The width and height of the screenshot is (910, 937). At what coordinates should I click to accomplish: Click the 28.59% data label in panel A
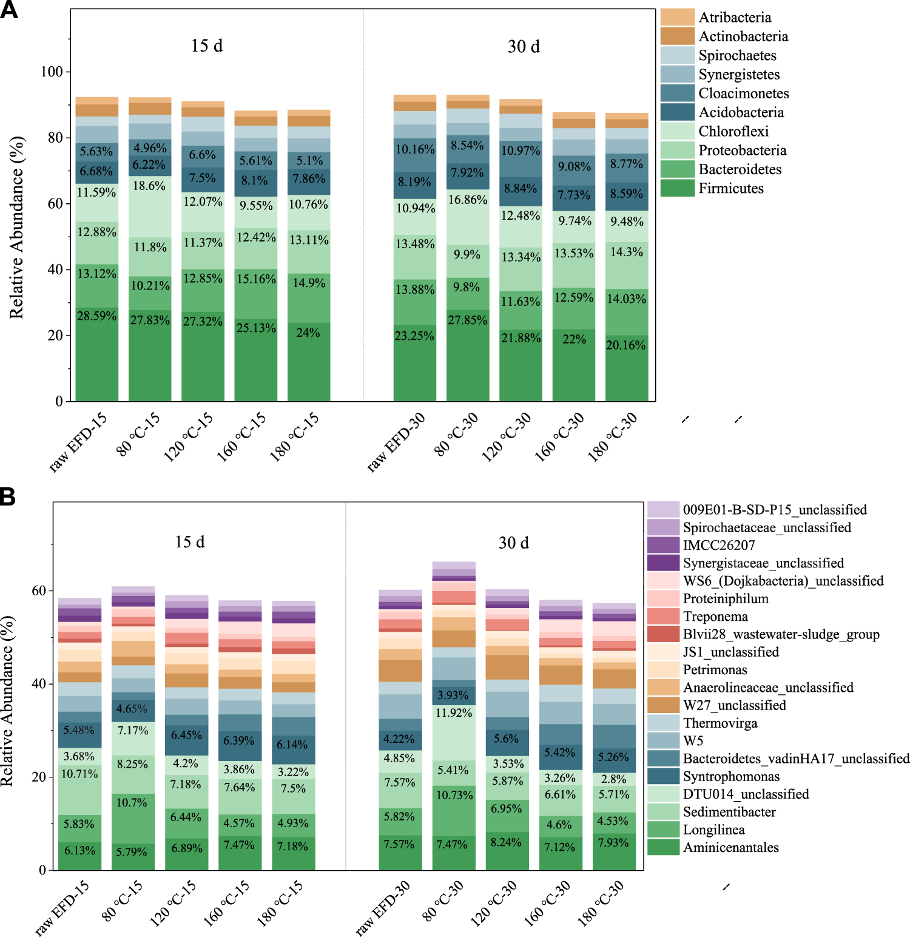coord(96,316)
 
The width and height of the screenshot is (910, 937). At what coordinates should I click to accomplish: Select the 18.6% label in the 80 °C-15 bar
coord(149,186)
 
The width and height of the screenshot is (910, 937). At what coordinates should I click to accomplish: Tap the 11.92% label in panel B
coord(453,712)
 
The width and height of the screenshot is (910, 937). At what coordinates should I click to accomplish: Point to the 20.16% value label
coord(626,345)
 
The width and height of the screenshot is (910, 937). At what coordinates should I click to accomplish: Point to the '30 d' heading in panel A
coord(524,47)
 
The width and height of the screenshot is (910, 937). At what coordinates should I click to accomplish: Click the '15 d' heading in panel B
coord(190,542)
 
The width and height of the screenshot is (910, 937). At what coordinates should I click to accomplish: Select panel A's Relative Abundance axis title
coord(16,228)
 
